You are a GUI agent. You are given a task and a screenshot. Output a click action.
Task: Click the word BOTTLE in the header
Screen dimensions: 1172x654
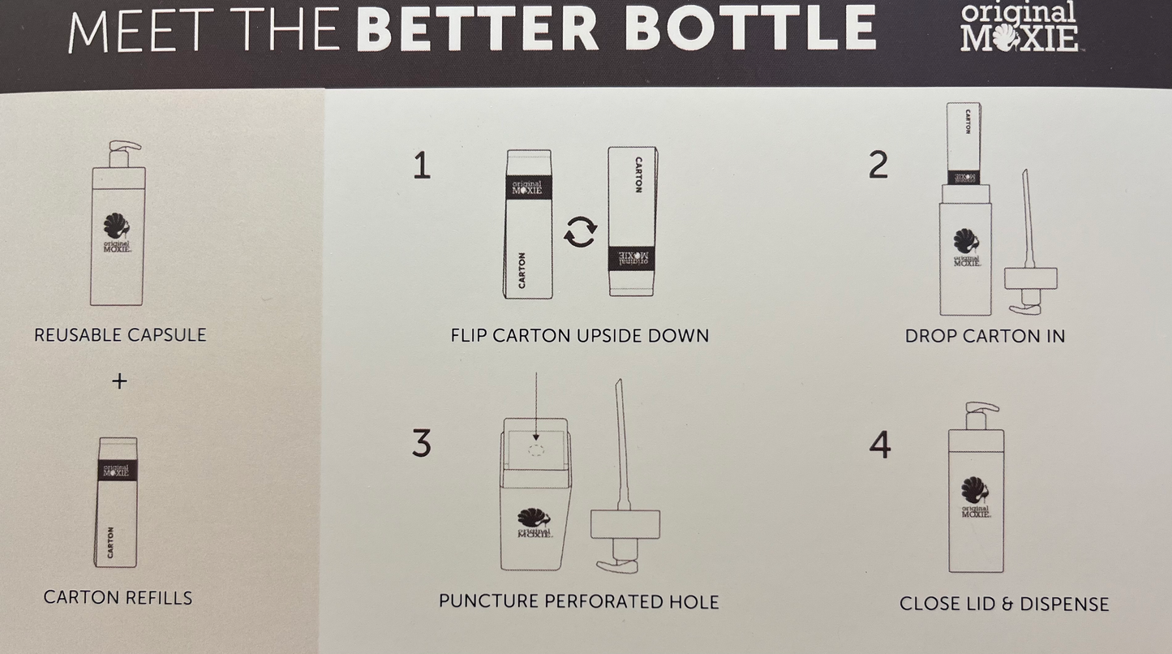tap(749, 28)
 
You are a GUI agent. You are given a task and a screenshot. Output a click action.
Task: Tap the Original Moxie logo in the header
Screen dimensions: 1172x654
tap(1019, 26)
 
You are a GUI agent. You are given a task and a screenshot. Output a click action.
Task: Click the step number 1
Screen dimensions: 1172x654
tap(422, 166)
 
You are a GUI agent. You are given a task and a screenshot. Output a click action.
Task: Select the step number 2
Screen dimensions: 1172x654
tap(878, 165)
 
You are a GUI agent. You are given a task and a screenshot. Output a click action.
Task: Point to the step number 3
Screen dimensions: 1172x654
tap(421, 443)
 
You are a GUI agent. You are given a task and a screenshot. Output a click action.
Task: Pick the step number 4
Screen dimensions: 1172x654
tap(879, 445)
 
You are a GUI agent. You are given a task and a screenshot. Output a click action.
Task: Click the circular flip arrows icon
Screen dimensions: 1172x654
tap(580, 232)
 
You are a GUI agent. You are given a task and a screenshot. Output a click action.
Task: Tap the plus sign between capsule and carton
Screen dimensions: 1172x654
tap(119, 381)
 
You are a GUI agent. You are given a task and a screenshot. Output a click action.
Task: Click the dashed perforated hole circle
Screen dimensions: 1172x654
tap(536, 450)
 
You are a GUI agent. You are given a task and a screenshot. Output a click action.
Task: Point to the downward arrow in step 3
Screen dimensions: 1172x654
tap(536, 407)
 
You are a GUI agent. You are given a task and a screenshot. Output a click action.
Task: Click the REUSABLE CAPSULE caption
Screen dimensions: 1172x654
tap(120, 335)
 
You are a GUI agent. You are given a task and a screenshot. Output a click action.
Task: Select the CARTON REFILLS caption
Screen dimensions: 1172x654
tap(118, 597)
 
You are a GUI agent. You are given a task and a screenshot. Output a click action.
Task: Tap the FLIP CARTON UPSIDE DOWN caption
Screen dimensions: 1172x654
tap(580, 336)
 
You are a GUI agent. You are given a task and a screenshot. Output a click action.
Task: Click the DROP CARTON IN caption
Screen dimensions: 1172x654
tap(985, 336)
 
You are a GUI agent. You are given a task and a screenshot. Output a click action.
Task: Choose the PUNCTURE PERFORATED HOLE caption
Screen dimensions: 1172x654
tap(578, 601)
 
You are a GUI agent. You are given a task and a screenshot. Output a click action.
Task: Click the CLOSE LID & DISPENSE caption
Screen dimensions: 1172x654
tap(1004, 605)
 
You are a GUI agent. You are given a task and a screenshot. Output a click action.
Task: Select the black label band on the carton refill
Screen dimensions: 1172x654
tap(117, 470)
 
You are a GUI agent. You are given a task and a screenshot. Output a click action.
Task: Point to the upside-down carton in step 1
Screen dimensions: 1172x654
tap(633, 222)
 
